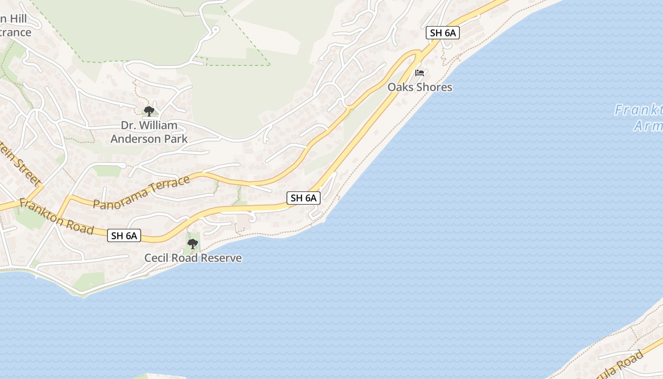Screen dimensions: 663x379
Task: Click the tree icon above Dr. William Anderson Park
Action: tap(149, 111)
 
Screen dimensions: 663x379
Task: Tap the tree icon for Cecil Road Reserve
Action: tap(192, 244)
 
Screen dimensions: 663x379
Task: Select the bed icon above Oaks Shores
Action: tap(420, 73)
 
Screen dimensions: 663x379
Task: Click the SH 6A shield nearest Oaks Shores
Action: tap(443, 33)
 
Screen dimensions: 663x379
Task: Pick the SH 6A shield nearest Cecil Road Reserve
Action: tap(124, 235)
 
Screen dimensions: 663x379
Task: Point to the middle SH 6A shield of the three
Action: tap(304, 198)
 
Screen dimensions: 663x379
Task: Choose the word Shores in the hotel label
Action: tap(434, 87)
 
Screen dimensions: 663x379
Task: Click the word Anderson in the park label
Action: tap(131, 139)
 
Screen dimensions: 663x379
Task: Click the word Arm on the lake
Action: tap(648, 126)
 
